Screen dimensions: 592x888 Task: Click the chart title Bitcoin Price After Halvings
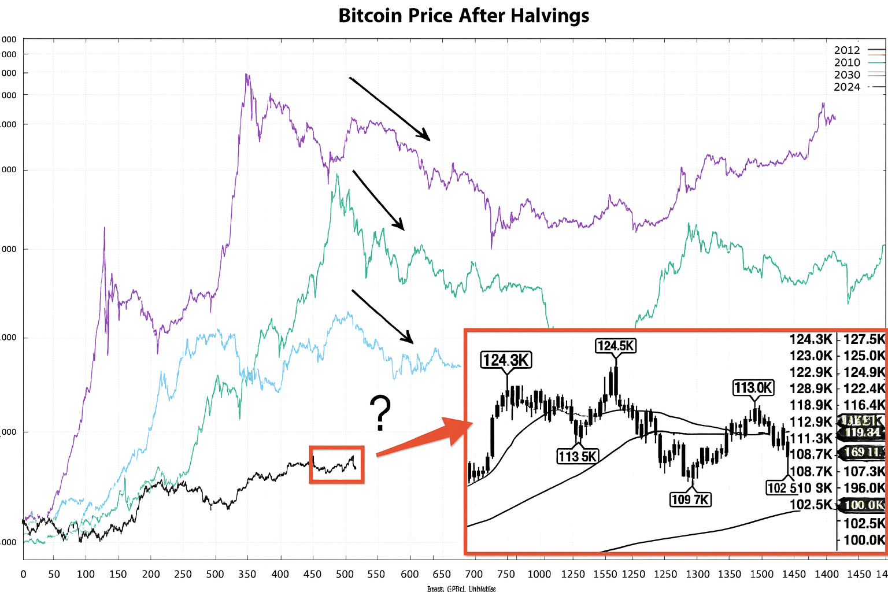464,16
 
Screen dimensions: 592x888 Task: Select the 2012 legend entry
847,50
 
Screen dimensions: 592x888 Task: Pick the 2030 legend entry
847,75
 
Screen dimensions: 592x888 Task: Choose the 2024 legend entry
847,87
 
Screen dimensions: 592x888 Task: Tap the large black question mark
380,413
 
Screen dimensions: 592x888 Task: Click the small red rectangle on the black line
336,464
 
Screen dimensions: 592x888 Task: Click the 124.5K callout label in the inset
616,346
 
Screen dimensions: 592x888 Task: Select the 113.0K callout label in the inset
753,387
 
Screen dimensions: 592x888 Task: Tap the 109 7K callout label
690,499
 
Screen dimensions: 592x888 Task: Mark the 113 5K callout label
578,456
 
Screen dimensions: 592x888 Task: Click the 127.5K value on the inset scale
864,339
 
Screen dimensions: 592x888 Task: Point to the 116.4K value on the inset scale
864,405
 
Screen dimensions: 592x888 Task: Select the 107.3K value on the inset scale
864,471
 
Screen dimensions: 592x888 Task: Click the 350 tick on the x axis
247,574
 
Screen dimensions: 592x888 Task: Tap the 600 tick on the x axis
409,574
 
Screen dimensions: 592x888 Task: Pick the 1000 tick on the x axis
539,574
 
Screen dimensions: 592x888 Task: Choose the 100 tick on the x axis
86,574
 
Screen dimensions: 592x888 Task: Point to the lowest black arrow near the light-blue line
382,316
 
